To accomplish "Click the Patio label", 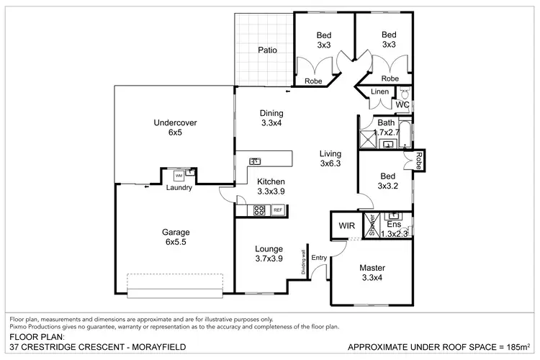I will point(268,50).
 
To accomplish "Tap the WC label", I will point(402,105).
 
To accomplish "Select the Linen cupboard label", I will point(380,92).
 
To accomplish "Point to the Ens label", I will point(394,225).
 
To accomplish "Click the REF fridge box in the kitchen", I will point(277,210).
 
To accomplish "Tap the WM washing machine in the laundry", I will point(178,176).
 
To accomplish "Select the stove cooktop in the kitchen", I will point(258,210).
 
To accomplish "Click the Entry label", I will point(319,258).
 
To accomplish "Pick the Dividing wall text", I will point(305,262).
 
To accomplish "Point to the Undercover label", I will point(176,123).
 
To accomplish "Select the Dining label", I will point(271,113).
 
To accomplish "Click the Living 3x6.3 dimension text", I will point(330,163).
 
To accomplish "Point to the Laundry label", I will point(178,189).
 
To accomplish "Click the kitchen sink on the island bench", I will point(255,161).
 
